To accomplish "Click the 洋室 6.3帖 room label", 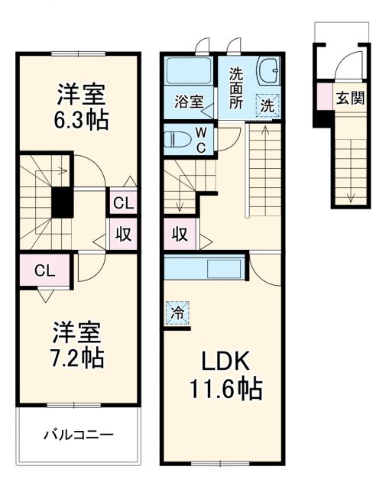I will (79, 108).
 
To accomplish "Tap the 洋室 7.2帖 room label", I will (78, 345).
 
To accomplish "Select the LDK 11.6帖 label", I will (225, 376).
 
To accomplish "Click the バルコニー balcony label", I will (78, 435).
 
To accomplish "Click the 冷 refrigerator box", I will (177, 313).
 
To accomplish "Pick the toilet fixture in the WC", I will (177, 140).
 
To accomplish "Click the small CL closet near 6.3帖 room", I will (122, 203).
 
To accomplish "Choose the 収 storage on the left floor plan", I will (122, 235).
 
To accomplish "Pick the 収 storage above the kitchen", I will (180, 235).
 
